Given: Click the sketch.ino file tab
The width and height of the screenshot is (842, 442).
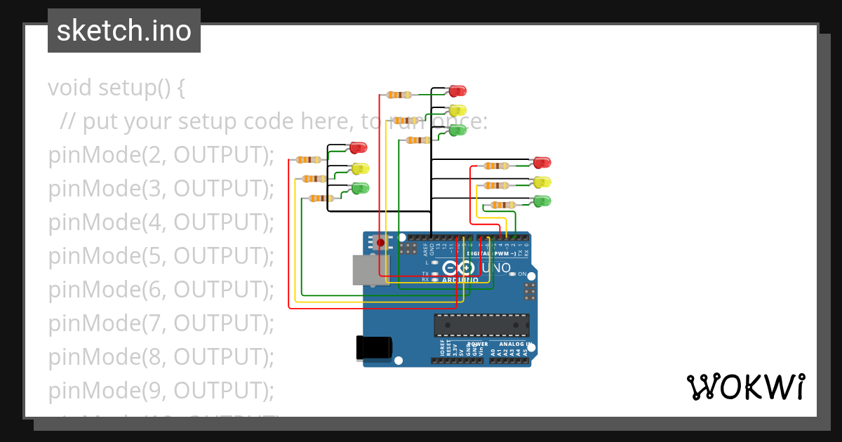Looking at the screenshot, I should [124, 31].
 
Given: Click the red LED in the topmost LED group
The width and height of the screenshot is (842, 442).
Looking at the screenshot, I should [457, 91].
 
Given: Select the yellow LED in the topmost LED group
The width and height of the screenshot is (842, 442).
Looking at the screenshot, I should [457, 110].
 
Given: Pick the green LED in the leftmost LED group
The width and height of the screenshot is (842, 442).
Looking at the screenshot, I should [360, 188].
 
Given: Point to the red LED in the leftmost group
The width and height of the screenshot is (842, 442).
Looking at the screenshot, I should [358, 147].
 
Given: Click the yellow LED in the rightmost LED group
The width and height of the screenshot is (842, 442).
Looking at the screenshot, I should [542, 182].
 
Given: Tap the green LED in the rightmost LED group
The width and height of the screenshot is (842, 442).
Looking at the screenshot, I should [542, 201].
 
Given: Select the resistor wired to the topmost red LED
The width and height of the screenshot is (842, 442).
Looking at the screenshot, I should [399, 95].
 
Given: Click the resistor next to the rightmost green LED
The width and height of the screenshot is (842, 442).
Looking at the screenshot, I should [502, 205].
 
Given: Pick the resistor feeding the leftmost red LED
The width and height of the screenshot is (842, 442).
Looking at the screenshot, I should [309, 160].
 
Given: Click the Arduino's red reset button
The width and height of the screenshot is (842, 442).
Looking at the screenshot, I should [381, 243].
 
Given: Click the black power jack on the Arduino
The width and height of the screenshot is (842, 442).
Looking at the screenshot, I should [373, 348].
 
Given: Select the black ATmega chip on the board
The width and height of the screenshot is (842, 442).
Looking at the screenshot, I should [481, 326].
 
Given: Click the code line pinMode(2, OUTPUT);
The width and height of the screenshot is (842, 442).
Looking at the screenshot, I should [161, 155].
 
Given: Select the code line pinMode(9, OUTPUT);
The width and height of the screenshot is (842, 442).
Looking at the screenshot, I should [161, 390].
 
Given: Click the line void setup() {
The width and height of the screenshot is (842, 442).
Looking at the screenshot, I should [116, 88].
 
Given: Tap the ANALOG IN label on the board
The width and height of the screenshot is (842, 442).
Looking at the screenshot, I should [514, 344].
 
